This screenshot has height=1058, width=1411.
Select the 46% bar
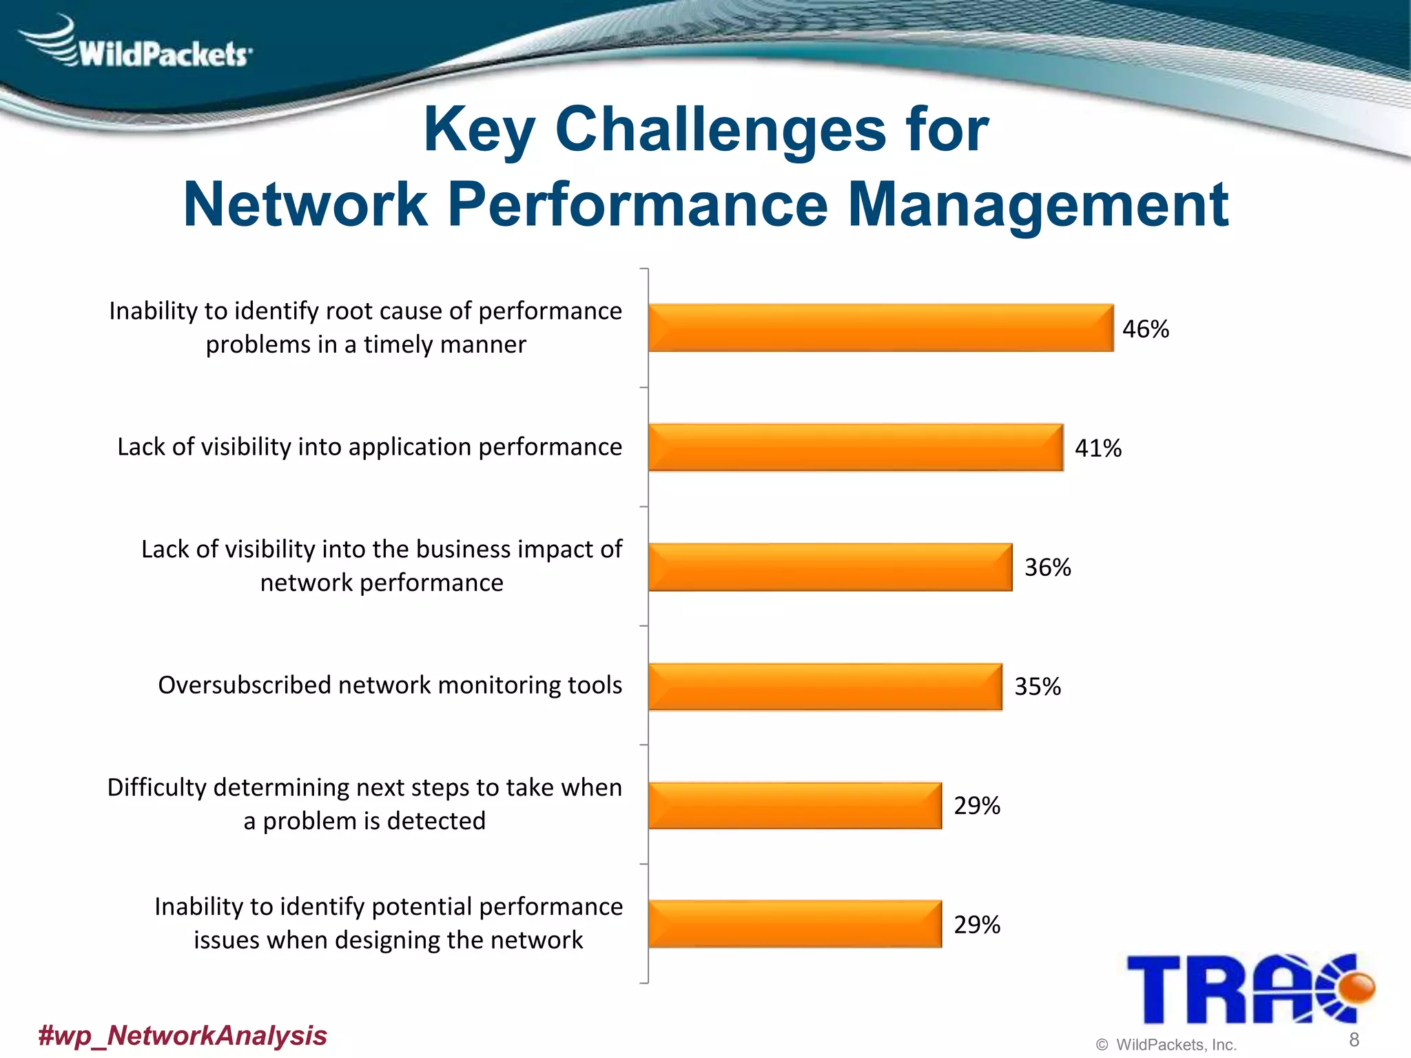[880, 328]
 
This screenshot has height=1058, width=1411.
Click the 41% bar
[856, 448]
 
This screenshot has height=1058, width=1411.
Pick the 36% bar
[830, 567]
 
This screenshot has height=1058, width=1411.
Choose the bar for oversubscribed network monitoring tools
[825, 686]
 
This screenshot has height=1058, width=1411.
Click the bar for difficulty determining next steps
[795, 805]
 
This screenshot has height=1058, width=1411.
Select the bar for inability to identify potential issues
[795, 924]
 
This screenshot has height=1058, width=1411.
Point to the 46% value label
[1146, 329]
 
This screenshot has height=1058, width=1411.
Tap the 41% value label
[1098, 448]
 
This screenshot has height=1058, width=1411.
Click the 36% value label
[1048, 568]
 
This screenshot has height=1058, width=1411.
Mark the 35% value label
[1038, 687]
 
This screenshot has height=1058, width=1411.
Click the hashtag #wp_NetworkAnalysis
[183, 1035]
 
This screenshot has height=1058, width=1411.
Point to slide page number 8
[1354, 1039]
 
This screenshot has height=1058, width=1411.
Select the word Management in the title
[1038, 205]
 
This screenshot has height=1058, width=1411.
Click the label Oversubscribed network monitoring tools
[390, 685]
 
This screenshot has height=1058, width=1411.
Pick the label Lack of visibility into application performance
[370, 447]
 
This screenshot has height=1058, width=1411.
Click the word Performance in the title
[638, 205]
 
